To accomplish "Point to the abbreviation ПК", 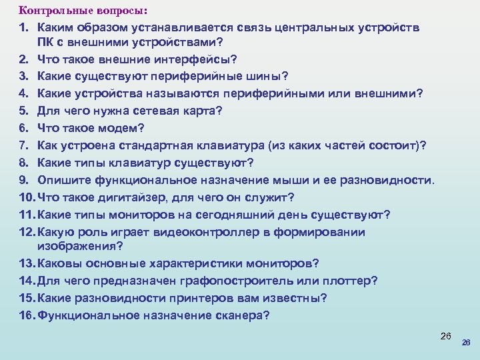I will tap(45, 43).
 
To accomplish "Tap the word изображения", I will tap(80, 246).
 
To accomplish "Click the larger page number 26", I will tap(447, 335).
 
